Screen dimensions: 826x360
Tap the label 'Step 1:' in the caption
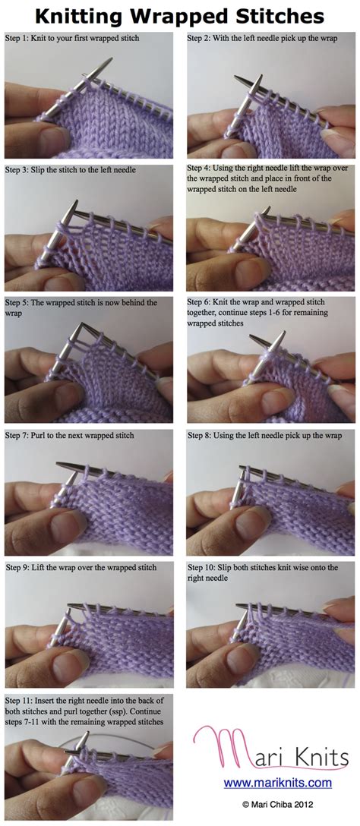tap(19, 37)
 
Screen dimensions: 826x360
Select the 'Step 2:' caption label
tap(201, 37)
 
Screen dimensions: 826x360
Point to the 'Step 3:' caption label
tap(19, 169)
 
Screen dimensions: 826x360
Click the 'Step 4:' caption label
tap(201, 169)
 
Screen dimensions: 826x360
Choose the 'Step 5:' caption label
tap(19, 302)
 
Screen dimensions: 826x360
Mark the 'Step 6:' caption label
tap(201, 302)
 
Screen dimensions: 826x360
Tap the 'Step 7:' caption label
tap(19, 435)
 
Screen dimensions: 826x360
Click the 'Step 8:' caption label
tap(201, 435)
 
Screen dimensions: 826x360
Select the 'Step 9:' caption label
tap(19, 567)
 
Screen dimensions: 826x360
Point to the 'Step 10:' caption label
tap(203, 567)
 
